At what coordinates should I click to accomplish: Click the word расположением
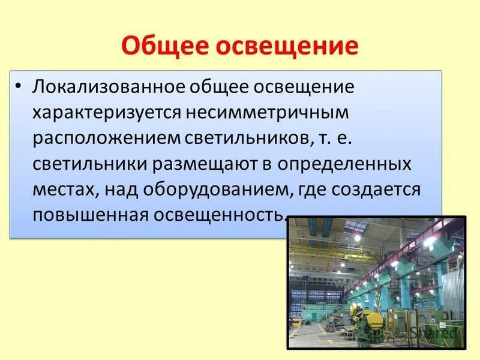[105, 137]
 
